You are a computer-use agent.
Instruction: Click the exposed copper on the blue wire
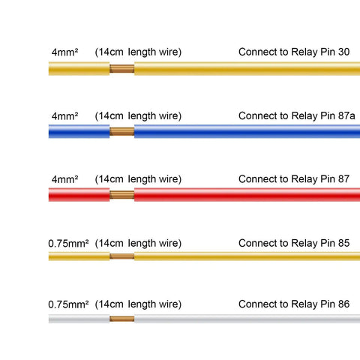pyautogui.click(x=122, y=131)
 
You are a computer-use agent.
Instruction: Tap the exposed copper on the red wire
pyautogui.click(x=122, y=195)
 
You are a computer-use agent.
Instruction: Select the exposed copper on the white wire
pyautogui.click(x=122, y=319)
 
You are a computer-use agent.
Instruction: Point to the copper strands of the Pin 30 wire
pyautogui.click(x=122, y=68)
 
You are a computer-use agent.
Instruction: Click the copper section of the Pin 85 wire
pyautogui.click(x=122, y=256)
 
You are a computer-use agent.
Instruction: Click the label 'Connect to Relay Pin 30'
pyautogui.click(x=294, y=52)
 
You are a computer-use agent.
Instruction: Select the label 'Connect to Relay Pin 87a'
pyautogui.click(x=297, y=116)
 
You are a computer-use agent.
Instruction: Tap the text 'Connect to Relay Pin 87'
pyautogui.click(x=294, y=179)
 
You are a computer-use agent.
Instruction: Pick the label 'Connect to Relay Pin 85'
pyautogui.click(x=294, y=243)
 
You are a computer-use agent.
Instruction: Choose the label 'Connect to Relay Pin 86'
pyautogui.click(x=294, y=304)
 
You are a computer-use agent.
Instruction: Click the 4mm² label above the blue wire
pyautogui.click(x=64, y=116)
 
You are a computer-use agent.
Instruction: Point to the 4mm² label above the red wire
pyautogui.click(x=64, y=179)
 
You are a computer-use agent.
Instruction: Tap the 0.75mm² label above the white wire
pyautogui.click(x=68, y=304)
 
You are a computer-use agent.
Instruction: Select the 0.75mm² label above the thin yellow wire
pyautogui.click(x=68, y=244)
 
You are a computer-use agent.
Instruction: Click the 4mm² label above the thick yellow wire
pyautogui.click(x=64, y=52)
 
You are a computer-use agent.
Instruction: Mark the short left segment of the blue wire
pyautogui.click(x=79, y=131)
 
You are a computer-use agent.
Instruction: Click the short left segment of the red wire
pyautogui.click(x=79, y=195)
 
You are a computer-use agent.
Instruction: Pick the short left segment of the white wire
pyautogui.click(x=79, y=319)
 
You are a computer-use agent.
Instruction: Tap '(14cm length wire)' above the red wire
pyautogui.click(x=138, y=179)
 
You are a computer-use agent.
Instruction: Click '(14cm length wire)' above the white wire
pyautogui.click(x=138, y=304)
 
